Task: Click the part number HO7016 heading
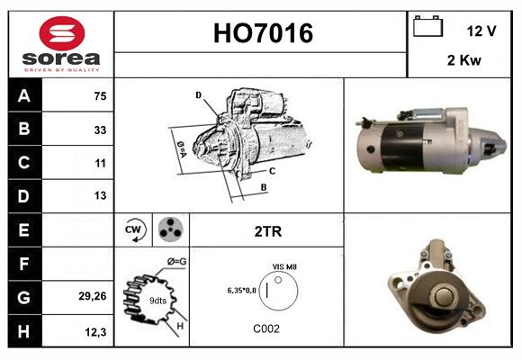263,34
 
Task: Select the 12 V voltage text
481,31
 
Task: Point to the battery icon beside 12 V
427,28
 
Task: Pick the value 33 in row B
99,130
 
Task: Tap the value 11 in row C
99,163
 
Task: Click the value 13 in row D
99,194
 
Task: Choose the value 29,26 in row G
93,294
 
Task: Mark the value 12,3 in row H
96,331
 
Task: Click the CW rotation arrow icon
134,229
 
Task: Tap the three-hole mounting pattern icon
170,229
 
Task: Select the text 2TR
267,231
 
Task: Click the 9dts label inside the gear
157,299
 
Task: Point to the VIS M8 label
284,267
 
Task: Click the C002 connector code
267,328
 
